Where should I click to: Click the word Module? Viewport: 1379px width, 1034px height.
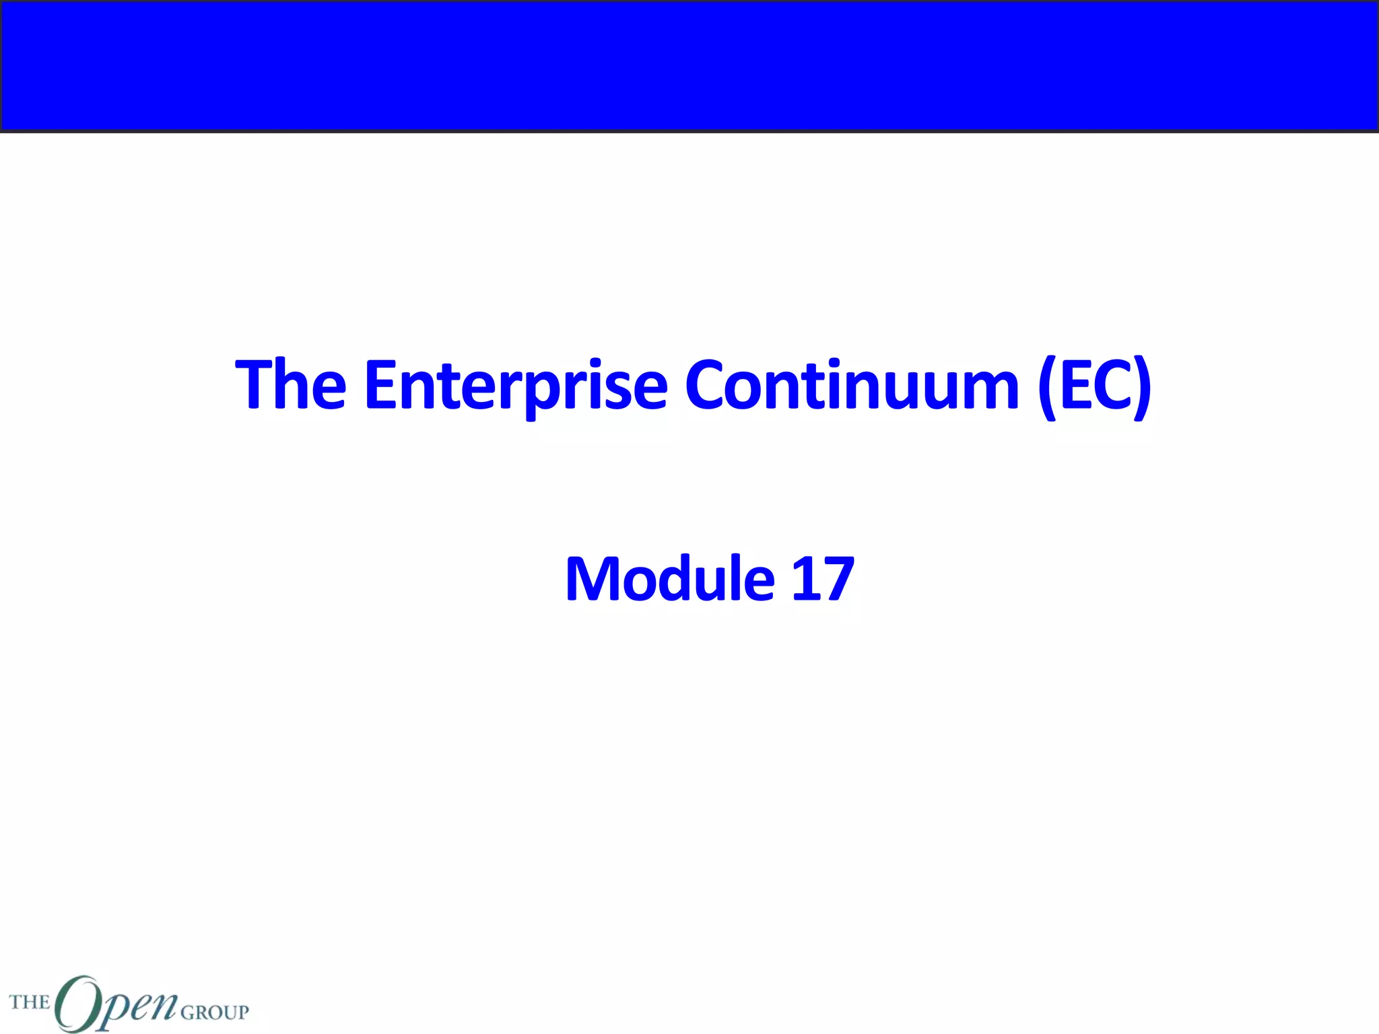(x=670, y=579)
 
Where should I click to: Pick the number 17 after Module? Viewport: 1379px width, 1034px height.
(x=822, y=579)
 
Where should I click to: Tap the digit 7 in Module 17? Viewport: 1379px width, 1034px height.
(x=838, y=579)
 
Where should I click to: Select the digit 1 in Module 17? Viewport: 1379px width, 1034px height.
(x=806, y=579)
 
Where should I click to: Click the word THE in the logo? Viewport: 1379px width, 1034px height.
(x=30, y=1002)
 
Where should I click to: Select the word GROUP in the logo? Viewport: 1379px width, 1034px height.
(x=215, y=1012)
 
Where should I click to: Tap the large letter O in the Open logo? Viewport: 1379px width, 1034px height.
(x=77, y=1003)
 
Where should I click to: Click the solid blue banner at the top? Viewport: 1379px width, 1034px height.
(x=689, y=65)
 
